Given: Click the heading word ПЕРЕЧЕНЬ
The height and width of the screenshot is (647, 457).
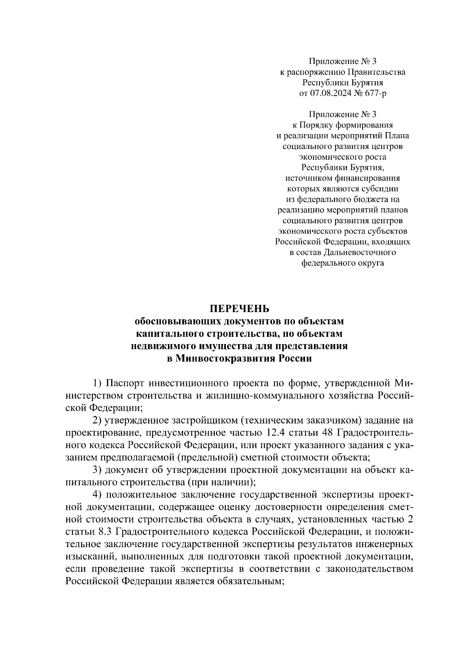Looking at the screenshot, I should (x=240, y=308).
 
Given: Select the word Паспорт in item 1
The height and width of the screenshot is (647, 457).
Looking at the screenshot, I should (x=125, y=383).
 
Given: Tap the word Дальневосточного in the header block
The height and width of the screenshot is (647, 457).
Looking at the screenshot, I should (x=359, y=252).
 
